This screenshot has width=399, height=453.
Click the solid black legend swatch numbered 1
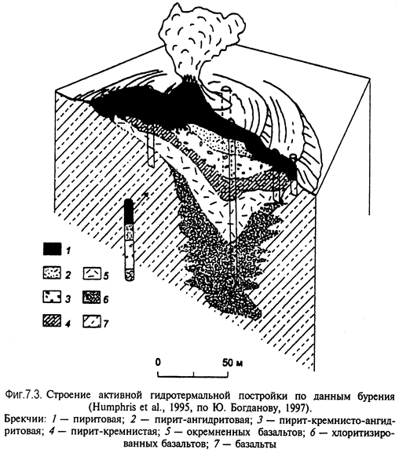(x=52, y=248)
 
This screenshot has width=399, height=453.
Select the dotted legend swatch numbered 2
(x=52, y=272)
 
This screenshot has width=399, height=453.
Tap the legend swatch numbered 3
(x=52, y=297)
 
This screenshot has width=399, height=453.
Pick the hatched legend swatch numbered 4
(x=52, y=321)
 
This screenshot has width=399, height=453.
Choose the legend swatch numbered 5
(x=92, y=273)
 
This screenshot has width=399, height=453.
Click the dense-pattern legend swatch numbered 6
(x=92, y=298)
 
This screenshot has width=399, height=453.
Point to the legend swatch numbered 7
(x=92, y=322)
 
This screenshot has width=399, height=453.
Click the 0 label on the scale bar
(x=158, y=362)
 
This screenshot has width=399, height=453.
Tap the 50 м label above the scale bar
(x=232, y=362)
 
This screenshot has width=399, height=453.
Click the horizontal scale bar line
(x=193, y=377)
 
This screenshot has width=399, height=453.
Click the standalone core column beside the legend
(x=130, y=239)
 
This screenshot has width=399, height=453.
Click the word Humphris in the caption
(x=112, y=407)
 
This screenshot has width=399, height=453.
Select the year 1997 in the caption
(x=295, y=407)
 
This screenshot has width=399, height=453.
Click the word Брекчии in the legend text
(x=24, y=419)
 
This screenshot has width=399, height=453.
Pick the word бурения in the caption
(x=376, y=396)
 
